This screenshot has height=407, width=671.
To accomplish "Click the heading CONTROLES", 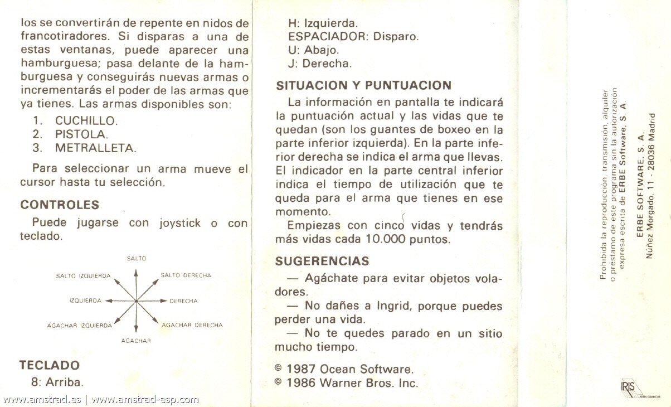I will click(60, 205).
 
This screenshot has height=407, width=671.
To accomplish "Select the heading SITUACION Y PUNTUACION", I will click(363, 85).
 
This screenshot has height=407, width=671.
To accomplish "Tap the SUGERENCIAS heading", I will click(322, 261).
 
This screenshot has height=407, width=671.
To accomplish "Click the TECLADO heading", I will click(49, 365).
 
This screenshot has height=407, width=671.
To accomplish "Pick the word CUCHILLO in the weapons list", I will click(86, 120).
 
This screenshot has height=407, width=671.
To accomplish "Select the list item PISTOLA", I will click(81, 134).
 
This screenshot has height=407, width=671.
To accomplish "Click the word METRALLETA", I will click(95, 148).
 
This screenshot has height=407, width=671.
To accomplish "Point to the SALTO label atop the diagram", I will click(136, 259).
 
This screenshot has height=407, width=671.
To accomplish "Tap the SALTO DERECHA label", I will click(186, 275).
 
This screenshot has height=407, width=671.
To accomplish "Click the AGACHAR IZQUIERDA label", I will click(79, 326).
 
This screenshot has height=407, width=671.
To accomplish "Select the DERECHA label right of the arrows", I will click(183, 301).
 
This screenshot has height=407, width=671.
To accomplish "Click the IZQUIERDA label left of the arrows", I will click(85, 301).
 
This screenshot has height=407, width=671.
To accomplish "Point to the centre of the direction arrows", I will click(136, 301).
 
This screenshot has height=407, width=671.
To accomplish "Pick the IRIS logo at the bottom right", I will click(627, 387).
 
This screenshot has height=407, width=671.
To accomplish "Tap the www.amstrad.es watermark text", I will click(42, 399).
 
